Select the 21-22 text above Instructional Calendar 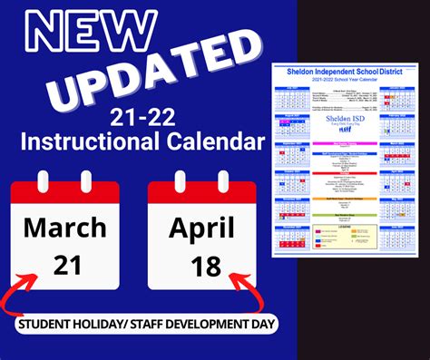point(140,117)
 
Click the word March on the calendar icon point(65,226)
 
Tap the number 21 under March point(65,264)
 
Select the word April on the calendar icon point(201,226)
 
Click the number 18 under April point(201,264)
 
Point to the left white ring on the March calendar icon point(41,181)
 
